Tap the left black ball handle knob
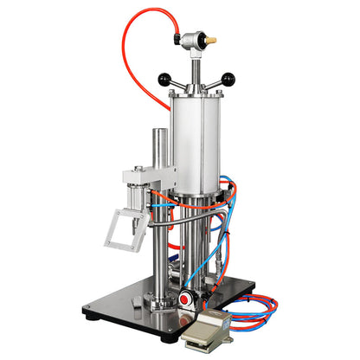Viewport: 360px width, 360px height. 164,80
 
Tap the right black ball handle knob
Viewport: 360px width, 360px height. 228,80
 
